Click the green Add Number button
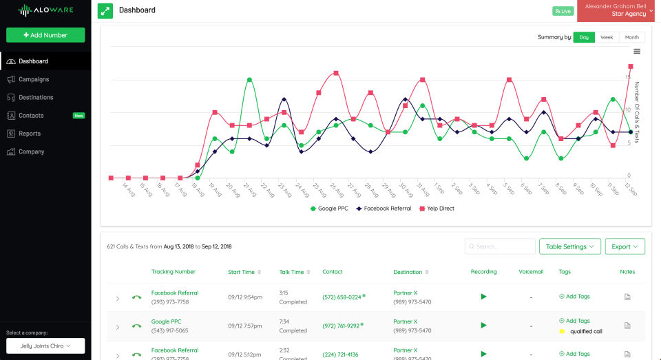[x=45, y=35]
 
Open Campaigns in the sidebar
[x=34, y=79]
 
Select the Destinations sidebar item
[x=36, y=98]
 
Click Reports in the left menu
[x=29, y=134]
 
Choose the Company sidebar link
[x=31, y=151]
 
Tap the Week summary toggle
[x=607, y=37]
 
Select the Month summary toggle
[x=631, y=37]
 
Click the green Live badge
[x=563, y=11]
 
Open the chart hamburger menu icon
[x=637, y=51]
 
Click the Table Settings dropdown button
[x=571, y=246]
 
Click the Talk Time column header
[x=291, y=272]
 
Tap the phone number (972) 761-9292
[x=342, y=326]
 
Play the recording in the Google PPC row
[x=483, y=325]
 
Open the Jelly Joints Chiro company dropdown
[x=45, y=346]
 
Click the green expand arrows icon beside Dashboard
[x=105, y=11]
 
